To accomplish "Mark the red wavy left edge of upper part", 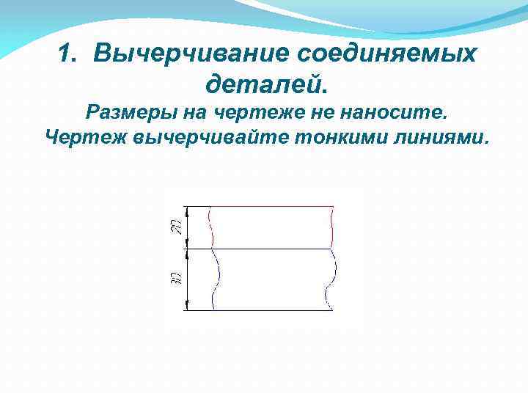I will coord(211,227).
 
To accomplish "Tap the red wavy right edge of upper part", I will coord(332,227).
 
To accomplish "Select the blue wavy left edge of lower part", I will coord(216,279).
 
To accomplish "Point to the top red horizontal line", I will coord(271,207).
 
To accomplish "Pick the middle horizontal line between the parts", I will coord(271,249).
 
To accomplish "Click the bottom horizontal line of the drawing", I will coord(271,309).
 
